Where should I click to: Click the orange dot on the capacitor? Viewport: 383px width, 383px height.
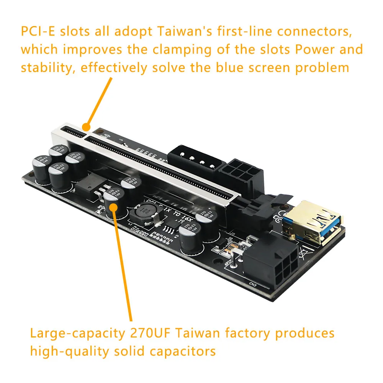(x=113, y=207)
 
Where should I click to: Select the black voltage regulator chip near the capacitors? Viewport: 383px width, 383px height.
(x=89, y=186)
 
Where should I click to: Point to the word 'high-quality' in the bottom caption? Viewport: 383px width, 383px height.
(x=67, y=351)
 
